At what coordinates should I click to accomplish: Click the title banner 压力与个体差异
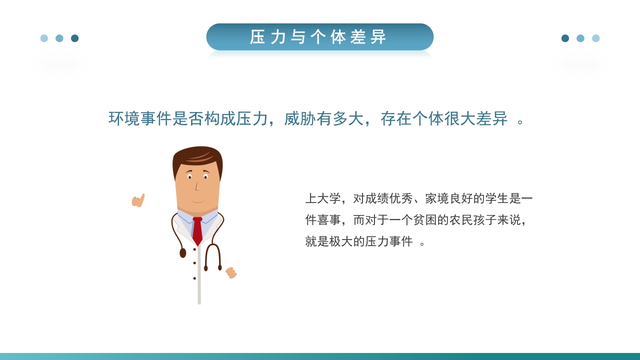pos(319,37)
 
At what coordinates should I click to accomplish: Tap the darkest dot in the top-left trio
pos(75,38)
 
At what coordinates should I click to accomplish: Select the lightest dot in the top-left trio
pos(44,38)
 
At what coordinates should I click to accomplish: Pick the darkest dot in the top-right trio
pos(565,38)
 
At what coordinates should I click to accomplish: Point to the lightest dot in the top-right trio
pos(595,38)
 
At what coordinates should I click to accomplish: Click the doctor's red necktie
pos(197,231)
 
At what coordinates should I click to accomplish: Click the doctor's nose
pos(196,186)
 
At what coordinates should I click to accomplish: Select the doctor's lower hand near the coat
pos(231,272)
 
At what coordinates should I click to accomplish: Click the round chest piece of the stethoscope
pos(183,253)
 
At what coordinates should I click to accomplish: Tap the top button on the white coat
pos(194,249)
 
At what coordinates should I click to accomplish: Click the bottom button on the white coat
pos(194,278)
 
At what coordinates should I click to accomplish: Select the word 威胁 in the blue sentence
pos(300,118)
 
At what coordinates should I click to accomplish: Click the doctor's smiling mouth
pos(197,201)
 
